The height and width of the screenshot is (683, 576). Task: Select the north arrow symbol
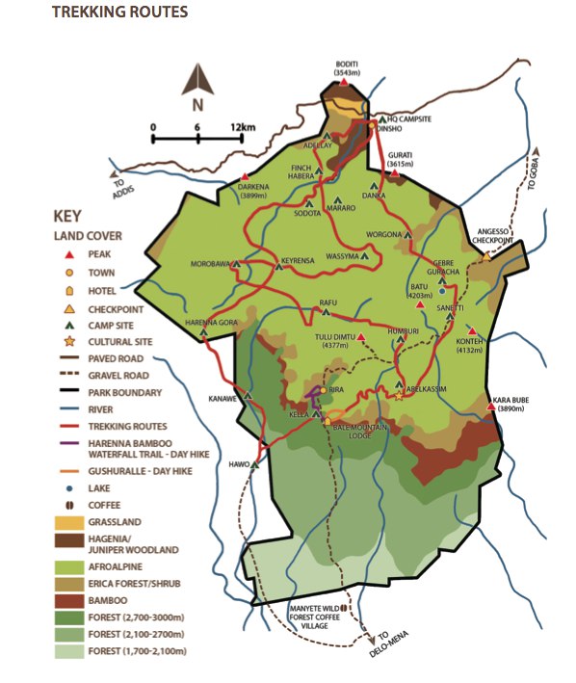[197, 87]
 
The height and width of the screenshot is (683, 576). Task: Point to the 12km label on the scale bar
[244, 127]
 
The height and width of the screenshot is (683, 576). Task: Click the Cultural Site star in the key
[68, 340]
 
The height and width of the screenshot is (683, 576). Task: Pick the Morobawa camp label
[211, 263]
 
